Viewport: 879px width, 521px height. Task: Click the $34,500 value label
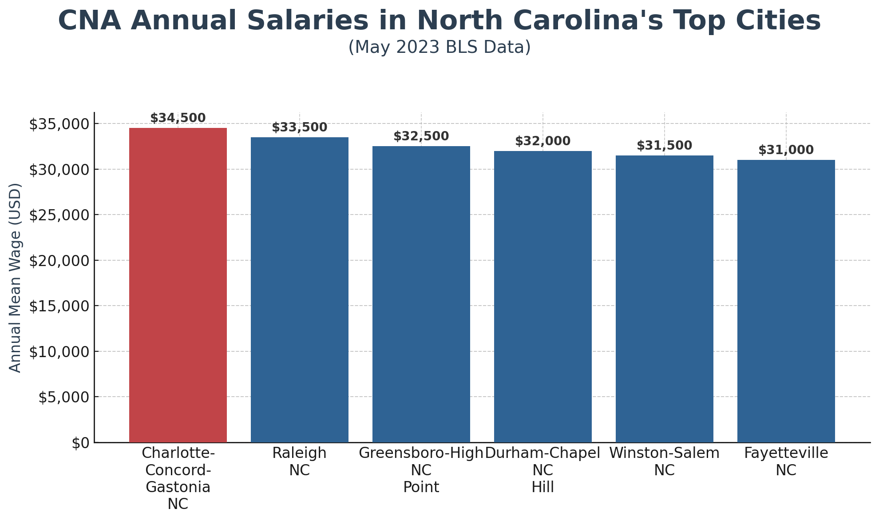[178, 118]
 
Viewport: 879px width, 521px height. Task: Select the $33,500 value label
[300, 127]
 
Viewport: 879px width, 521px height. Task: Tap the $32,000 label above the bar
[543, 141]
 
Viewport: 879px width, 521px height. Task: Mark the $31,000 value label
[786, 150]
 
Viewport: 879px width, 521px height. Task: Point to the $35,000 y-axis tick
[59, 124]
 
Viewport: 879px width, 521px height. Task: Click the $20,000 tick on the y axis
[59, 261]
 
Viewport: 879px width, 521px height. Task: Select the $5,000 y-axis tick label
[63, 398]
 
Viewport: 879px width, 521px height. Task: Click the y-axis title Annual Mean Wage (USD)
[15, 278]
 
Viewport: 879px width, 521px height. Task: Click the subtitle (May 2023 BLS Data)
[439, 47]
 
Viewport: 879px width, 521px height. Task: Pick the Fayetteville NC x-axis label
[786, 461]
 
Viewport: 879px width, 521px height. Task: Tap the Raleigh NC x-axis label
[300, 461]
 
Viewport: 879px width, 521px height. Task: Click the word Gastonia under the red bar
[178, 487]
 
